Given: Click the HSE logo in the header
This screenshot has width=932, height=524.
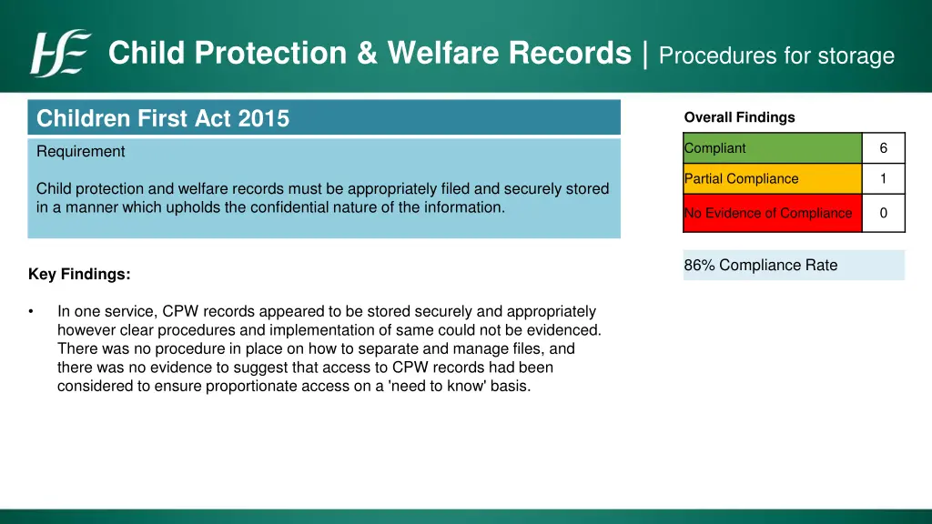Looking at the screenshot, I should point(60,54).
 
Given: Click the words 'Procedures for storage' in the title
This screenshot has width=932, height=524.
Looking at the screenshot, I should point(776,55).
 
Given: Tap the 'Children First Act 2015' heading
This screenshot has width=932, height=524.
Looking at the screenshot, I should point(163,118).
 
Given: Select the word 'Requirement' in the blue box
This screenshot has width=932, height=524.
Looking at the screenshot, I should point(81,152).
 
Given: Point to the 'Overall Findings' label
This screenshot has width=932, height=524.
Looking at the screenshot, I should point(739,117).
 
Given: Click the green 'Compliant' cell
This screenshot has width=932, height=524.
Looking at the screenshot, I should point(772,148).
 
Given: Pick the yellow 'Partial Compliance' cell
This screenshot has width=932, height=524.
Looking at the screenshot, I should point(772,179).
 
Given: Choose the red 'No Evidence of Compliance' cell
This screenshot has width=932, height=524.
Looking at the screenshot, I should point(772,213).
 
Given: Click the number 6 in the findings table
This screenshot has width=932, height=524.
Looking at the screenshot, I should point(883,148).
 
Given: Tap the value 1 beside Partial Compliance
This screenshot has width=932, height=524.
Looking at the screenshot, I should point(883,179).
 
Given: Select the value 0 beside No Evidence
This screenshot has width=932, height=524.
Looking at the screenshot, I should point(883,213).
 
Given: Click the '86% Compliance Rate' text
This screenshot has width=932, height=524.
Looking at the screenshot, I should point(760,266).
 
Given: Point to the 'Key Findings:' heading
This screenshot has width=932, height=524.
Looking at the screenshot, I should point(79,274).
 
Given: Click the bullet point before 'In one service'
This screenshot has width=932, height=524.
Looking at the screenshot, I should point(32,311).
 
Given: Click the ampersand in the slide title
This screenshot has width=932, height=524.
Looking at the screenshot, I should point(367,54).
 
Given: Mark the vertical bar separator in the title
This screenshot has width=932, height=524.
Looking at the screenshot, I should point(644,54).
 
